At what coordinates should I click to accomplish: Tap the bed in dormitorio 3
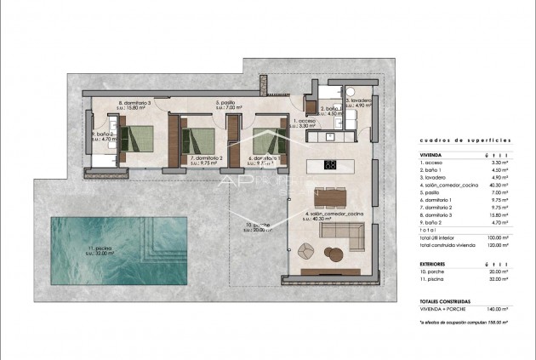tap(140, 137)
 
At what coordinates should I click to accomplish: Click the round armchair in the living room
tap(333, 252)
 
